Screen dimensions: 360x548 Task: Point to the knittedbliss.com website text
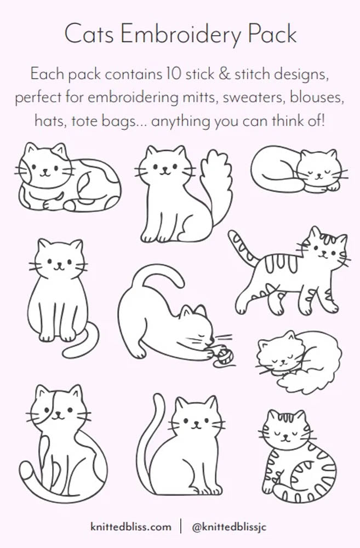point(131,527)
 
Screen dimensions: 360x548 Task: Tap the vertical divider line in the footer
point(181,527)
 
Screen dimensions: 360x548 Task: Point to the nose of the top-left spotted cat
point(44,171)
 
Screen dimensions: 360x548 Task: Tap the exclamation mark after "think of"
point(323,121)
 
